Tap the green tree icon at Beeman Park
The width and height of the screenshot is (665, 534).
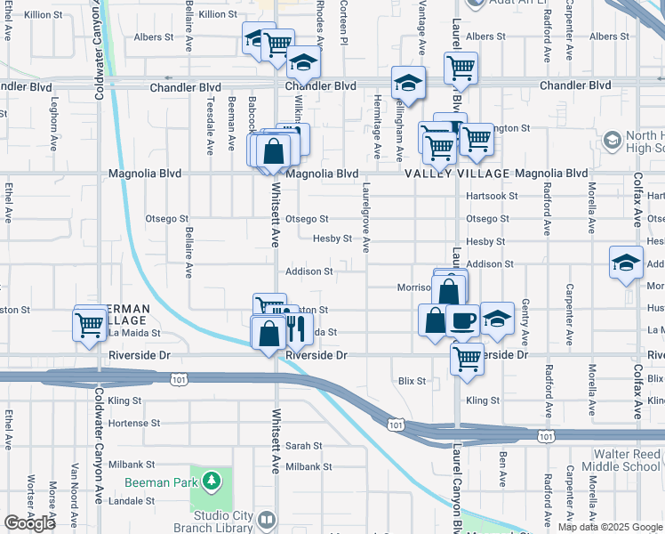(x=212, y=482)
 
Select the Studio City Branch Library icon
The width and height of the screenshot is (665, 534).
(x=267, y=519)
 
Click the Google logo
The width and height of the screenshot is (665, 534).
(x=29, y=523)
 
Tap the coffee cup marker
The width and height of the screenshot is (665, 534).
(x=461, y=321)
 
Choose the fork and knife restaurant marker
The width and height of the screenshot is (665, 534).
(x=295, y=329)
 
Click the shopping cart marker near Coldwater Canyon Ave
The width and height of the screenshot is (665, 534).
(x=91, y=326)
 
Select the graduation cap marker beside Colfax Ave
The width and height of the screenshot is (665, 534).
(x=626, y=263)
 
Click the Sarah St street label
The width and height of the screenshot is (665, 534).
(x=303, y=445)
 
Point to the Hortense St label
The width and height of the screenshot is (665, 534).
(x=134, y=423)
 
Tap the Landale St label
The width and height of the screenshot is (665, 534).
(x=132, y=501)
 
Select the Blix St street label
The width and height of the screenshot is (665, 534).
(x=412, y=381)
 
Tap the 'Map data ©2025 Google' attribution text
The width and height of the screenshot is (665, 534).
(x=610, y=527)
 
